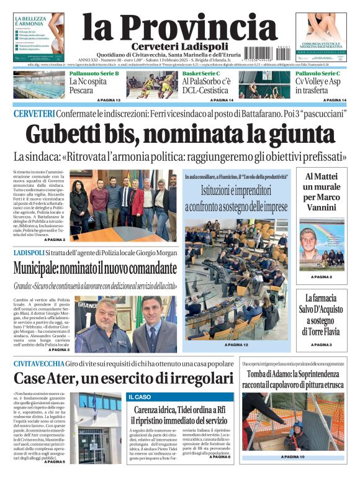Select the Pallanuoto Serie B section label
[x=94, y=73]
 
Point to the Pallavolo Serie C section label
[x=317, y=73]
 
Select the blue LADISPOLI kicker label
[x=29, y=253]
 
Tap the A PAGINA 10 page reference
[x=292, y=457]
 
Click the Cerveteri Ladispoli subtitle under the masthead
[x=180, y=47]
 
